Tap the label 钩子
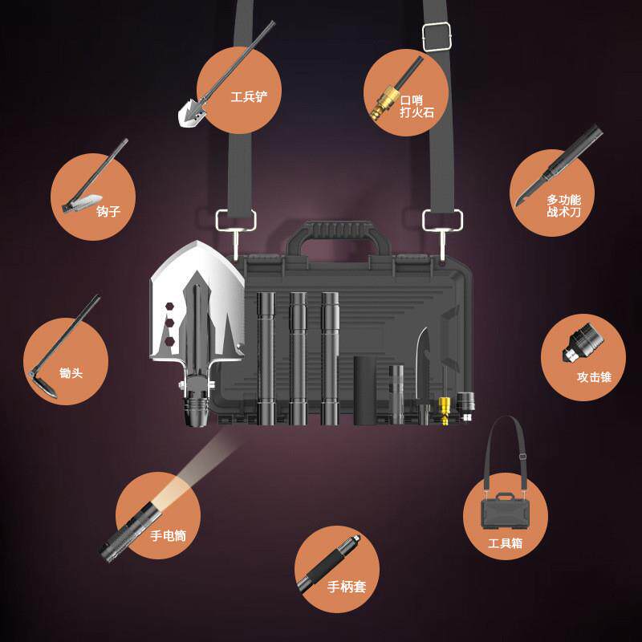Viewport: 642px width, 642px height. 108,212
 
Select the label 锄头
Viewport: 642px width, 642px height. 71,374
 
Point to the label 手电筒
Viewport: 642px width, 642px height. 168,535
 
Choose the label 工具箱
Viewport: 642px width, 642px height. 506,543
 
